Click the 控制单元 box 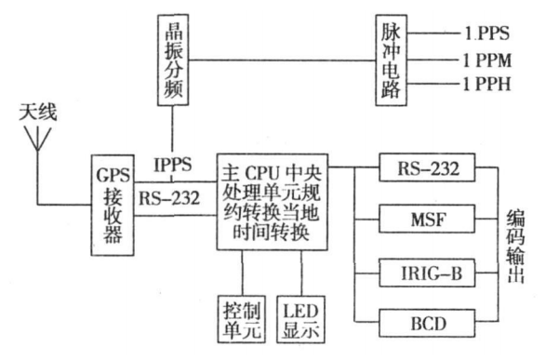pos(240,319)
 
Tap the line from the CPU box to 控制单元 pos(240,273)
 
